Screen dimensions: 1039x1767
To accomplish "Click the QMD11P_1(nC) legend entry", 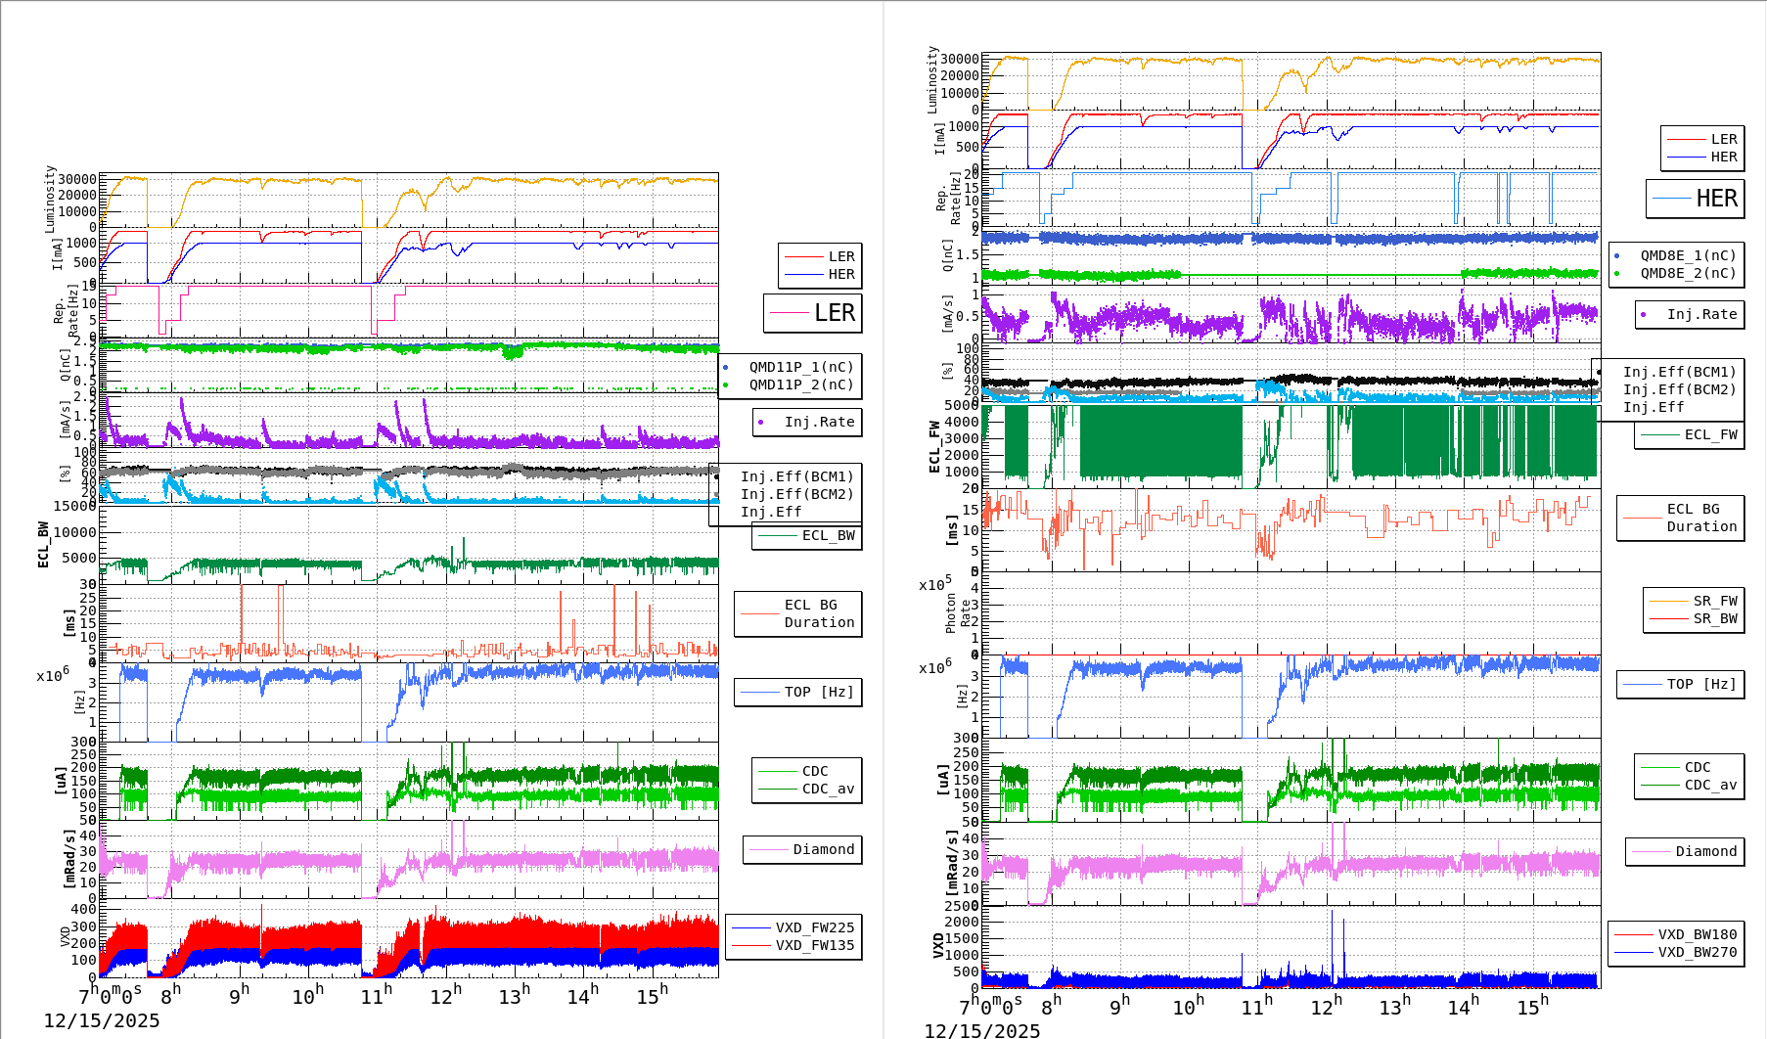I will [x=800, y=367].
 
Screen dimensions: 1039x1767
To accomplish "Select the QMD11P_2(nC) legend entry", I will [x=800, y=384].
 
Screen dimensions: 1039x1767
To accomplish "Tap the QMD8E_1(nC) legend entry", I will [x=1688, y=255].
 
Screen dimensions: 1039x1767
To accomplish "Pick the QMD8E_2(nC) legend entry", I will [x=1688, y=273].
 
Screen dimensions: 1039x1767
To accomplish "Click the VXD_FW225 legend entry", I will [x=814, y=927].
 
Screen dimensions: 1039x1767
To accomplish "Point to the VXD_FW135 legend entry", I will [x=814, y=945].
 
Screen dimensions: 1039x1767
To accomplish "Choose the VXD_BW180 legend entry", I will [x=1697, y=934].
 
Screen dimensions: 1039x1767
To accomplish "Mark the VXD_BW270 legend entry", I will [x=1697, y=952].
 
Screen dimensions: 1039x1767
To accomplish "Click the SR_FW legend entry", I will [x=1714, y=601].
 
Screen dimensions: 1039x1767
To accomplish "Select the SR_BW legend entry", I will [x=1714, y=618].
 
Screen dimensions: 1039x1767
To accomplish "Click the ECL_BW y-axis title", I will [x=43, y=545].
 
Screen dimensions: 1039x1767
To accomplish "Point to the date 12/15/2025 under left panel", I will [x=102, y=1021].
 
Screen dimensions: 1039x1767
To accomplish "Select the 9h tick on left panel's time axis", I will [x=240, y=995].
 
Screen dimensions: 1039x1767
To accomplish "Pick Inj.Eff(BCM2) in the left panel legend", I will [x=796, y=494].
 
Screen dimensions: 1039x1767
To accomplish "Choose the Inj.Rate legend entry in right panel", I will [x=1701, y=314].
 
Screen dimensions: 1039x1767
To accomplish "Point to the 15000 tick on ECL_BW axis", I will [x=74, y=506].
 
